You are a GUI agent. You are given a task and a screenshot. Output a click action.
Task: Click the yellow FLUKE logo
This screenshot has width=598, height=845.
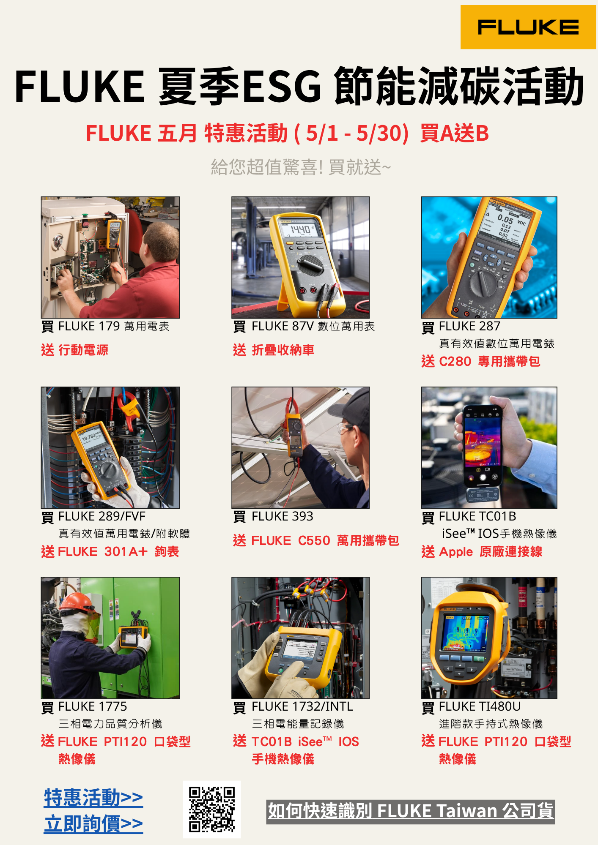pos(528,27)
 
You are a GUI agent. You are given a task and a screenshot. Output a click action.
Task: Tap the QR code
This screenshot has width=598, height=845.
pos(212,809)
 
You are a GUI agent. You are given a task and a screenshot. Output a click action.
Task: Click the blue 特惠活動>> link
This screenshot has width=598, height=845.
pos(93,798)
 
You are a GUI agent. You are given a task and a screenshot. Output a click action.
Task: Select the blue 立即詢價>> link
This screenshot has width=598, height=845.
pos(93,824)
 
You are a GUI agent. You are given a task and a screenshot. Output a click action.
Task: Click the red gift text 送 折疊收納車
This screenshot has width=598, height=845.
pos(274,350)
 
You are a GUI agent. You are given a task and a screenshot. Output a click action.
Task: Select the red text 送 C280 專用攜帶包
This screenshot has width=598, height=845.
pos(481,361)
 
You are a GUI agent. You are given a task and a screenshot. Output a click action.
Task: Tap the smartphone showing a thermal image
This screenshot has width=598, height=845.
pos(483,445)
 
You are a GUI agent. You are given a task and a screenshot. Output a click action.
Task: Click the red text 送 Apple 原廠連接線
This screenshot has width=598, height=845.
pos(482,551)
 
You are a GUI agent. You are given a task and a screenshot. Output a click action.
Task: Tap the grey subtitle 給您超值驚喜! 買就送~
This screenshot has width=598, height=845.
pos(301,167)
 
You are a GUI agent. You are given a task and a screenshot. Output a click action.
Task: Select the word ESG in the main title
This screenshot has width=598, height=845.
pos(282,86)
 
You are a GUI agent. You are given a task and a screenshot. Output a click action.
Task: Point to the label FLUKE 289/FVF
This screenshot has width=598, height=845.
pos(102,516)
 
